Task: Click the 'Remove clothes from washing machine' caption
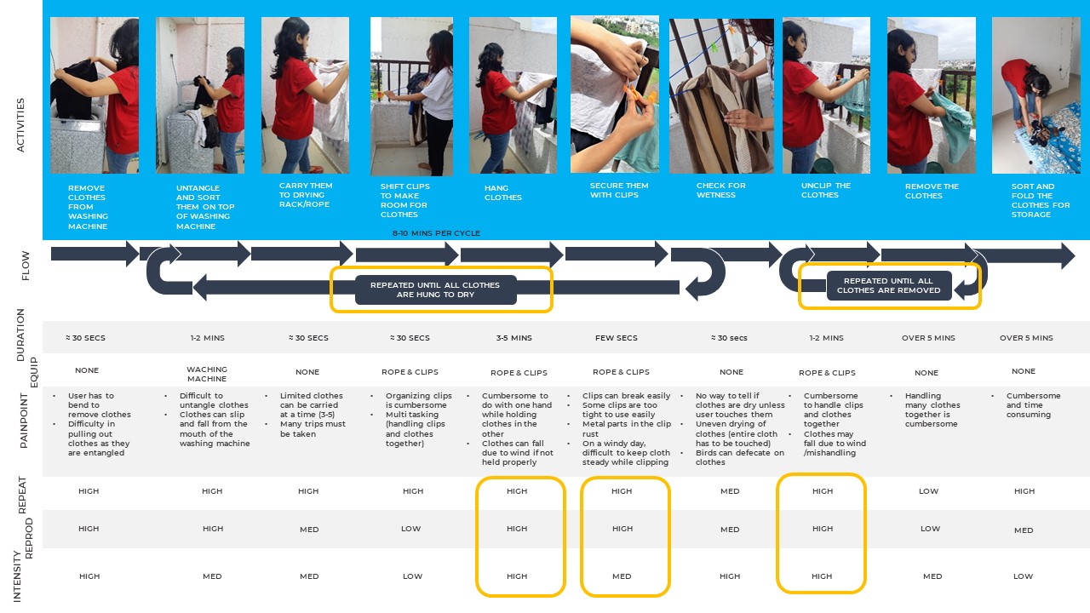[x=88, y=207]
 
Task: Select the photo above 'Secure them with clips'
[x=614, y=95]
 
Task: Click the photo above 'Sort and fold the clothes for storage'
[x=1035, y=95]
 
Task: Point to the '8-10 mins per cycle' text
[x=435, y=233]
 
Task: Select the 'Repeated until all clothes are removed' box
[x=888, y=285]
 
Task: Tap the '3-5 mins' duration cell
[x=515, y=338]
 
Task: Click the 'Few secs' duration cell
[x=616, y=338]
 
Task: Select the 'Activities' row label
[x=20, y=125]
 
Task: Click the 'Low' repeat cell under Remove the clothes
[x=928, y=491]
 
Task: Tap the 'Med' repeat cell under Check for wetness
[x=730, y=491]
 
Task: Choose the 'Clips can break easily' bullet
[x=626, y=396]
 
